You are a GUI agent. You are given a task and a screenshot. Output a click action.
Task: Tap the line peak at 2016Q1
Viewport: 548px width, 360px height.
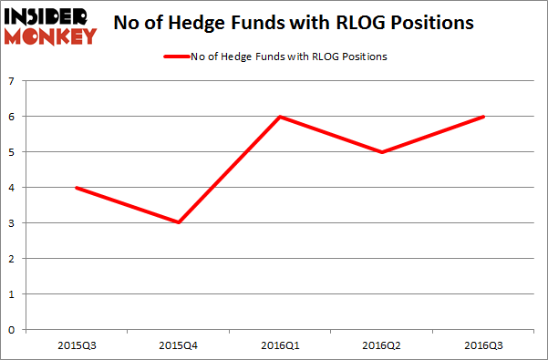(x=282, y=117)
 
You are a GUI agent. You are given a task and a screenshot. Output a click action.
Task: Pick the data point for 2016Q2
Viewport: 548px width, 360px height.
(x=383, y=152)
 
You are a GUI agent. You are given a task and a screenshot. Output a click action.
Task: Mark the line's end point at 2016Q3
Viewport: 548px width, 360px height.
(x=484, y=117)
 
